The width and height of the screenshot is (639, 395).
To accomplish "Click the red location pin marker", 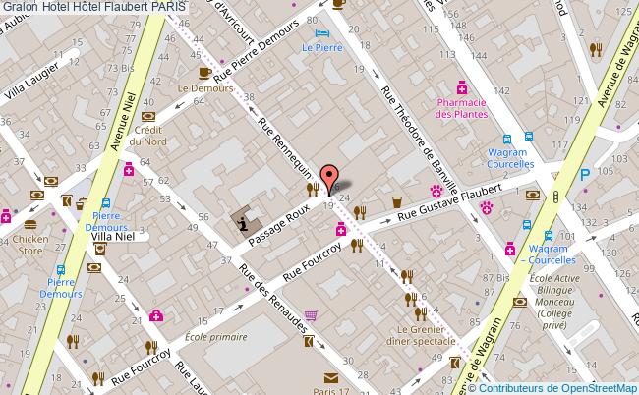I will coord(329,177).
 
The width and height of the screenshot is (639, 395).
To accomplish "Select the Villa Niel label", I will coord(114,237).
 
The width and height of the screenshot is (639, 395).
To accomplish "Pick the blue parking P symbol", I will coord(585,175).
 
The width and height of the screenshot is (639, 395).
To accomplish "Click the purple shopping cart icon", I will coord(311,315).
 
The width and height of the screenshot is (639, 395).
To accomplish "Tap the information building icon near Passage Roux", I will coord(242,223).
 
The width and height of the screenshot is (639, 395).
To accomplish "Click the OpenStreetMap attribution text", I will coord(564,387).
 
